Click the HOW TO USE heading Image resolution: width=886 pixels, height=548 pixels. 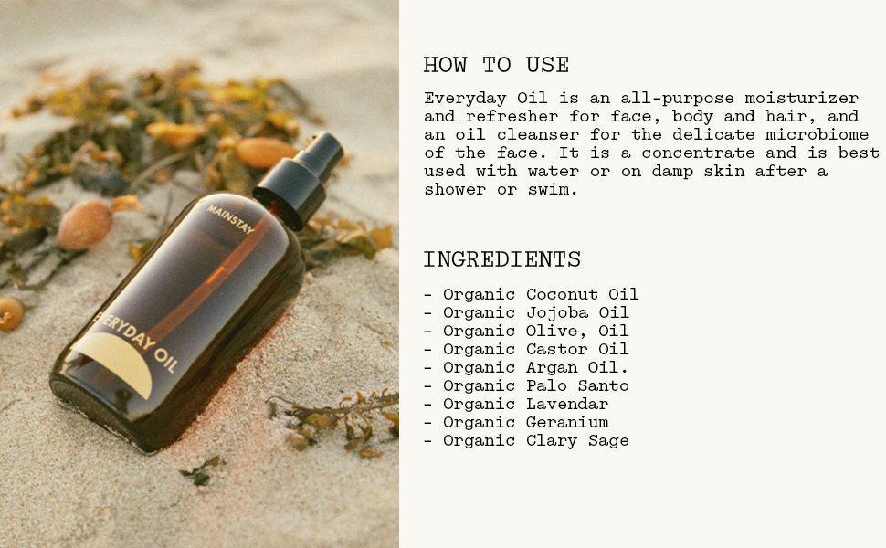pos(496,65)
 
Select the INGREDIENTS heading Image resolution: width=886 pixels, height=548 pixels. pos(502,260)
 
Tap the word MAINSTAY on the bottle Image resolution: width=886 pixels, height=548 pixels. pos(230,219)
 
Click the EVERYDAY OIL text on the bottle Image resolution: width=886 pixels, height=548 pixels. pos(135,342)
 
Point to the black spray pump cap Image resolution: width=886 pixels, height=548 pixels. pos(300,178)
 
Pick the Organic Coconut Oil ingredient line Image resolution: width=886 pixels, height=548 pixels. pos(532,294)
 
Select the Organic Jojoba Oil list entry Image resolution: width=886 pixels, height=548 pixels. pos(526,312)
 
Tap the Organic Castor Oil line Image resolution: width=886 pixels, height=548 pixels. pos(526,349)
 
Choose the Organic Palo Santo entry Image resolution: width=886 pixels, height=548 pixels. pos(526,385)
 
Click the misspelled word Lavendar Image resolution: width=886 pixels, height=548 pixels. pos(567,404)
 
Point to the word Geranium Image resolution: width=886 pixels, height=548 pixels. pos(567,422)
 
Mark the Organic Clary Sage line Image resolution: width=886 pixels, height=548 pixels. pos(526,440)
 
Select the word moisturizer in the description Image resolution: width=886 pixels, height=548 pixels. pos(802,99)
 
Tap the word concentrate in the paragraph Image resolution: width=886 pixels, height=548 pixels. pos(698,153)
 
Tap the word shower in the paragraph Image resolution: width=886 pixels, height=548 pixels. pos(455,189)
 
